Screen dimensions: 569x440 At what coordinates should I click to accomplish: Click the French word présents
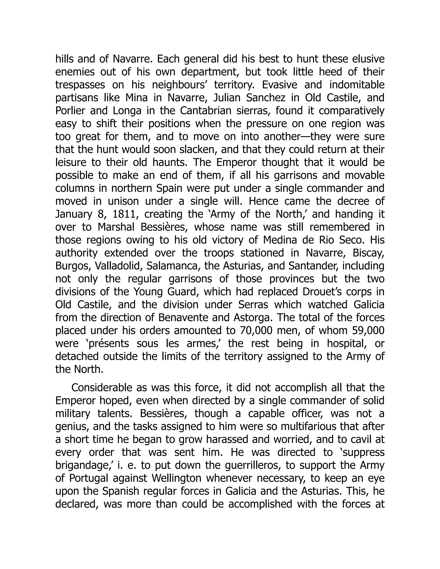(x=107, y=344)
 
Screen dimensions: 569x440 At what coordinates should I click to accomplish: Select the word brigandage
(x=84, y=465)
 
